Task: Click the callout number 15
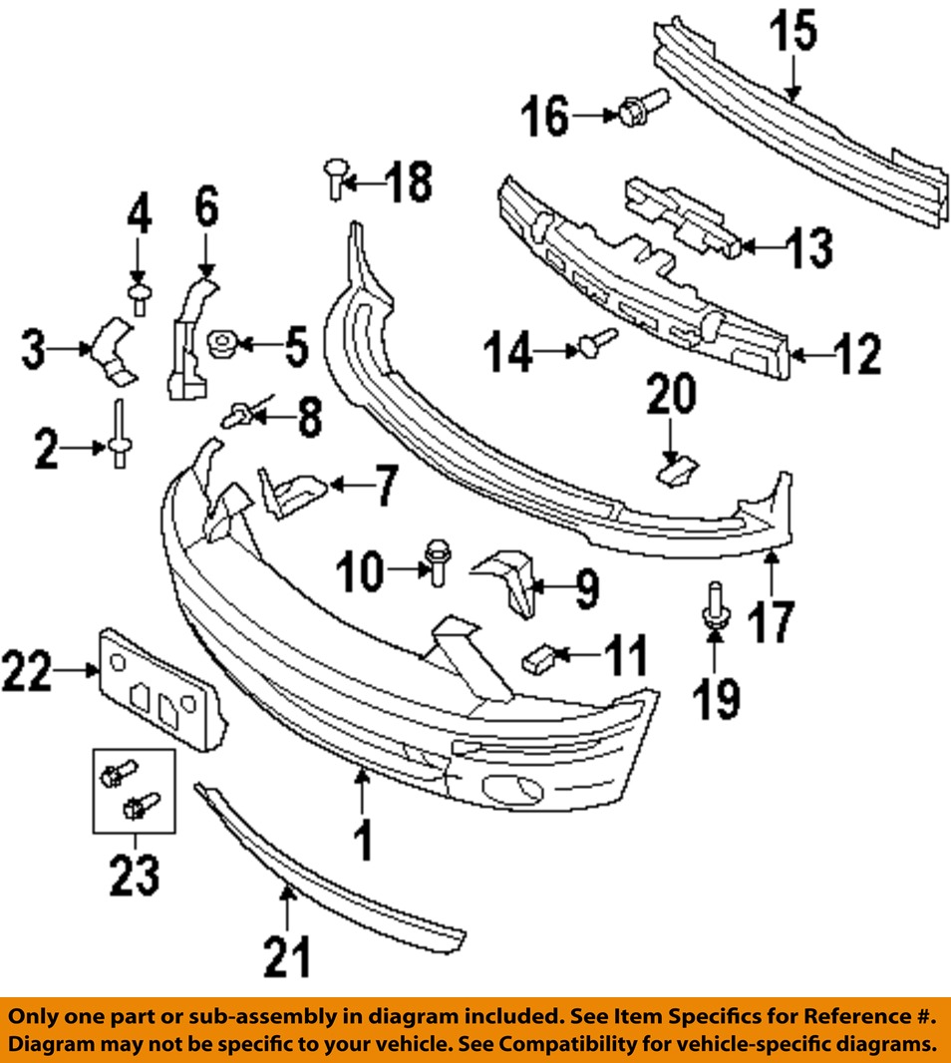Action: pyautogui.click(x=793, y=34)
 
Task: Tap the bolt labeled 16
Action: pyautogui.click(x=634, y=110)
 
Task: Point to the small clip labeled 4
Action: pyautogui.click(x=139, y=294)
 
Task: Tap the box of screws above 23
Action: pyautogui.click(x=134, y=792)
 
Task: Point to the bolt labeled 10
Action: pyautogui.click(x=436, y=563)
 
